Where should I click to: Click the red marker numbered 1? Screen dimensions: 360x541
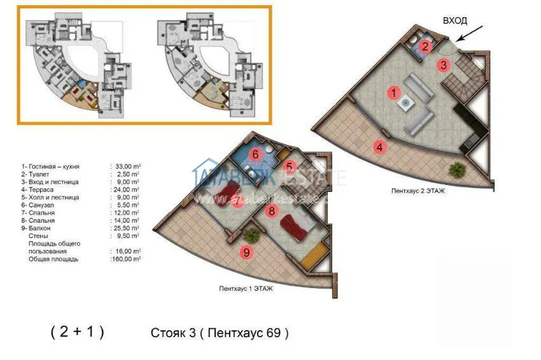tap(394, 93)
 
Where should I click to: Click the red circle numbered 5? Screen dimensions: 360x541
tap(288, 168)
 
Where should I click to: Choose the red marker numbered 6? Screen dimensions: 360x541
tap(255, 154)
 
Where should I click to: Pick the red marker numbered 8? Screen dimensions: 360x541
tap(271, 211)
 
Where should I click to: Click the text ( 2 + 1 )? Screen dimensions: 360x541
tap(77, 332)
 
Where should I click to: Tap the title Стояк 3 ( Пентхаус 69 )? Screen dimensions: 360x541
tap(220, 333)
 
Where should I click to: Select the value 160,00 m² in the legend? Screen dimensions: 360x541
tap(125, 259)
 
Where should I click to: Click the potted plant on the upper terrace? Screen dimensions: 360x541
tap(456, 170)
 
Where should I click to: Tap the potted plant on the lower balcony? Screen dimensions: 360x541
tap(252, 235)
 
